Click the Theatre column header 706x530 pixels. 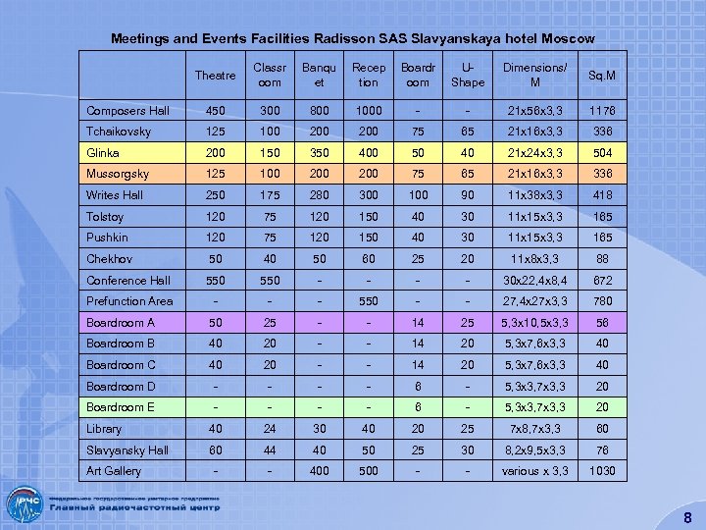click(x=216, y=75)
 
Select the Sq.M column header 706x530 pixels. click(x=602, y=75)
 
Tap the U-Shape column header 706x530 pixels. click(x=468, y=75)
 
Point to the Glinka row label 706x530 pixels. click(x=103, y=153)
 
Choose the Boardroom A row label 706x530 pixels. click(x=121, y=322)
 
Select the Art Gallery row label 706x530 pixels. click(x=114, y=471)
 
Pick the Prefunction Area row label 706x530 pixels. click(x=129, y=301)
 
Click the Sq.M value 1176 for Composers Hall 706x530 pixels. click(x=602, y=111)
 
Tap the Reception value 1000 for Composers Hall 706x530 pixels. click(x=369, y=111)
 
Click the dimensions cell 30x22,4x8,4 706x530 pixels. click(x=534, y=281)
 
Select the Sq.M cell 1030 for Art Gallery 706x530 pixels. click(x=602, y=471)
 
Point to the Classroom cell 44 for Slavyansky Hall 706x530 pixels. click(x=268, y=450)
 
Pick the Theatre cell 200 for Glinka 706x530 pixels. click(x=216, y=153)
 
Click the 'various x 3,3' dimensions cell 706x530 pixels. click(x=534, y=471)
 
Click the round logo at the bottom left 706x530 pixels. click(x=24, y=506)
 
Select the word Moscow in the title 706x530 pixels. click(x=567, y=39)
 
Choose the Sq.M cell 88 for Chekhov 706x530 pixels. click(x=602, y=259)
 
